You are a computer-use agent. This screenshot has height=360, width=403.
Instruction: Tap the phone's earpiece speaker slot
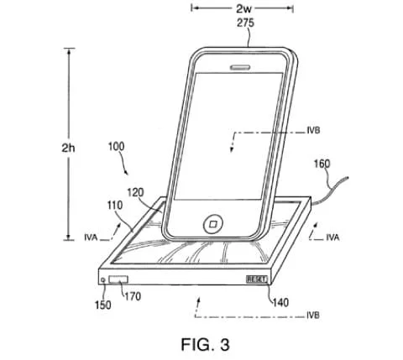(x=240, y=67)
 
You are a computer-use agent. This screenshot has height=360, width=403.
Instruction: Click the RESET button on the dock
(x=257, y=279)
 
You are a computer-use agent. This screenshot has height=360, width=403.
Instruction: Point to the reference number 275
(x=245, y=23)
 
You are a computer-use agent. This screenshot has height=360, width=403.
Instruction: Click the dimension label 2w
(x=243, y=8)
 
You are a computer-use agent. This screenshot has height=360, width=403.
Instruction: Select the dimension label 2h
(x=68, y=148)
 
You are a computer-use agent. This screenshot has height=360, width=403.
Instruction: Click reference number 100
(x=116, y=146)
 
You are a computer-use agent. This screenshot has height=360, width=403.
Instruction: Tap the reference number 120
(x=135, y=192)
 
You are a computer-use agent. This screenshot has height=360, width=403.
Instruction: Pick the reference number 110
(x=115, y=206)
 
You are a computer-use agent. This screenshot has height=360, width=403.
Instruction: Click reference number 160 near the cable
(x=322, y=164)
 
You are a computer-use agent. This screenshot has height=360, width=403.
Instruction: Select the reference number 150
(x=102, y=305)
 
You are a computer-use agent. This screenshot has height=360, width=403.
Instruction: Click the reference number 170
(x=133, y=296)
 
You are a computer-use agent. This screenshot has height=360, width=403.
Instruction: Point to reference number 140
(x=280, y=302)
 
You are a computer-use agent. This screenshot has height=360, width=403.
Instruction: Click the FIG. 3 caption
(x=205, y=344)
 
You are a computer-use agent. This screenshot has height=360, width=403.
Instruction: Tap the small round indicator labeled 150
(x=103, y=279)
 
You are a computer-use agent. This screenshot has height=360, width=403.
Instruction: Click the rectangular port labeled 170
(x=118, y=279)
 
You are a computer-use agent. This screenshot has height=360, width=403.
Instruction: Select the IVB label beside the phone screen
(x=313, y=131)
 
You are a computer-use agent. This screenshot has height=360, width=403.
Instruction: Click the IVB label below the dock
(x=313, y=316)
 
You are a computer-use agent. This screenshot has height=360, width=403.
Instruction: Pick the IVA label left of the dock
(x=91, y=237)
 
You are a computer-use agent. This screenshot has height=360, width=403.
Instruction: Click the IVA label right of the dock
(x=332, y=237)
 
